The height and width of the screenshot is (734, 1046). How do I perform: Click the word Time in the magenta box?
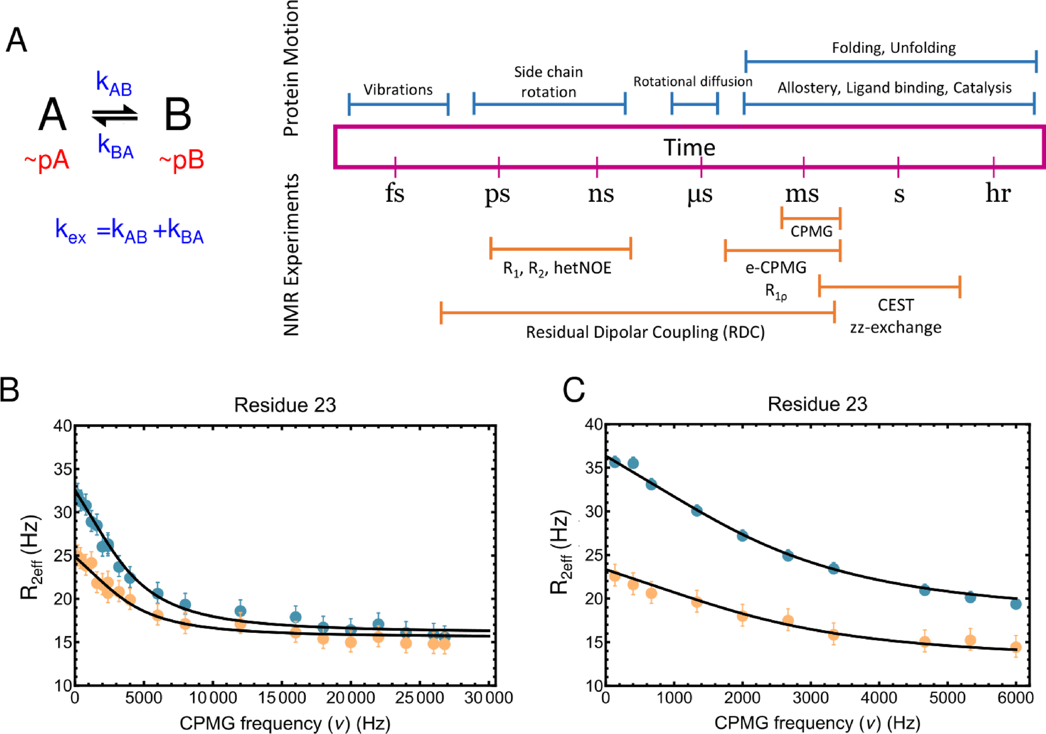point(689,148)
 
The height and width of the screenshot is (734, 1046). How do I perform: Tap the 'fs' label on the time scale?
point(395,193)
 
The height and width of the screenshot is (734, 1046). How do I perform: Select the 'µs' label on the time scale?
point(700,194)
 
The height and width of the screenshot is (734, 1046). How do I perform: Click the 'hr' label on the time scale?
point(998,193)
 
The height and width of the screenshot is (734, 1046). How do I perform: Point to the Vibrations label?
point(398,90)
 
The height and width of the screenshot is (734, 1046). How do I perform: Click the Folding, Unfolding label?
point(893,48)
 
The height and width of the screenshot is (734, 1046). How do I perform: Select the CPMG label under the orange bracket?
point(811,231)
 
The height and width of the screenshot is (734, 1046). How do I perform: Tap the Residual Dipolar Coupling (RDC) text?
point(645,332)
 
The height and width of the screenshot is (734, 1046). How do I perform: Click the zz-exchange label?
point(895,327)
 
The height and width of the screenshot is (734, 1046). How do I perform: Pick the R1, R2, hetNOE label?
point(557,269)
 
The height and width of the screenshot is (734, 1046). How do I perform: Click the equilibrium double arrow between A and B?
point(115,116)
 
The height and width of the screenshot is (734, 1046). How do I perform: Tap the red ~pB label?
point(182,160)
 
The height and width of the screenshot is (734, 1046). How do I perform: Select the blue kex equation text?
point(129,231)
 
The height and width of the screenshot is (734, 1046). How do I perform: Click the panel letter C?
point(573,391)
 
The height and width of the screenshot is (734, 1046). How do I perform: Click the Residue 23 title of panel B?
point(285,405)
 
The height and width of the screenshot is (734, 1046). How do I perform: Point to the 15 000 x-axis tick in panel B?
point(281,697)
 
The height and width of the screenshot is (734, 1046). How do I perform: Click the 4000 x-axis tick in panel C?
point(879,697)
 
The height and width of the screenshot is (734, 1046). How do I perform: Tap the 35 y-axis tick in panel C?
point(593,467)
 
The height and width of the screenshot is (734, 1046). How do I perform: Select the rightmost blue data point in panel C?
point(1015,604)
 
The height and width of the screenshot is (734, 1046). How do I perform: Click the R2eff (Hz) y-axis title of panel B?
point(31,558)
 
